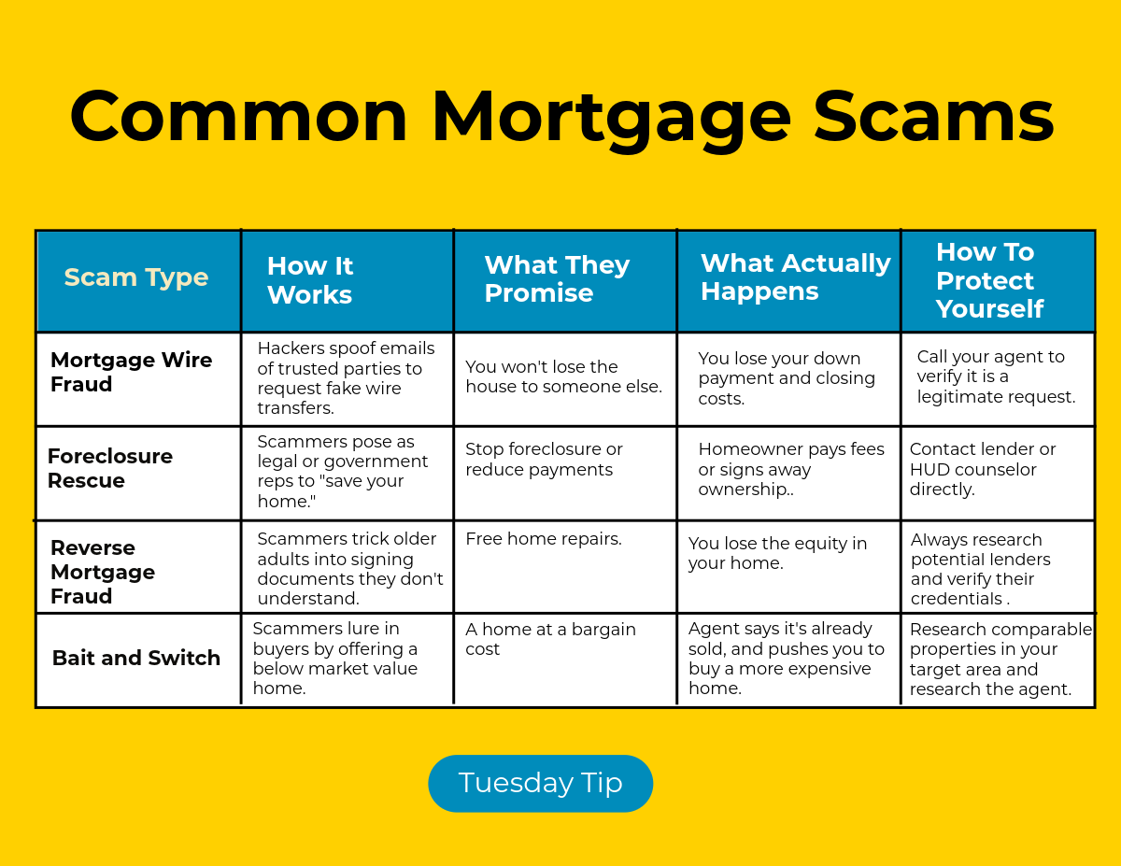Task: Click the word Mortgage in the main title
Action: click(611, 119)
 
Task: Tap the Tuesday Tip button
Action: click(540, 783)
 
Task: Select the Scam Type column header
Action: click(136, 277)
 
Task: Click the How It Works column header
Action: click(309, 280)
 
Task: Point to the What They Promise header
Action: click(557, 278)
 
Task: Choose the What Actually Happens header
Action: click(795, 277)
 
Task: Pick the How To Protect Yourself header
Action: click(989, 280)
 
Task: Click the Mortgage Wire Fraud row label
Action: click(131, 372)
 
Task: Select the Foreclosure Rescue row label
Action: click(110, 468)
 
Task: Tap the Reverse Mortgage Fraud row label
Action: click(103, 572)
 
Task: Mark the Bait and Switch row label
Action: click(136, 658)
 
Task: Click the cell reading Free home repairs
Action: click(544, 539)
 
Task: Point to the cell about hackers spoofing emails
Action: click(346, 378)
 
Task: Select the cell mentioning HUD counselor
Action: click(983, 469)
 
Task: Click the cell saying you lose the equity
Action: click(777, 553)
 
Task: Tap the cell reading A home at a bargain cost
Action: click(550, 639)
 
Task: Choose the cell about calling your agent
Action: click(996, 376)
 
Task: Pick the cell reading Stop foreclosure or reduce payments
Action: click(544, 459)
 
